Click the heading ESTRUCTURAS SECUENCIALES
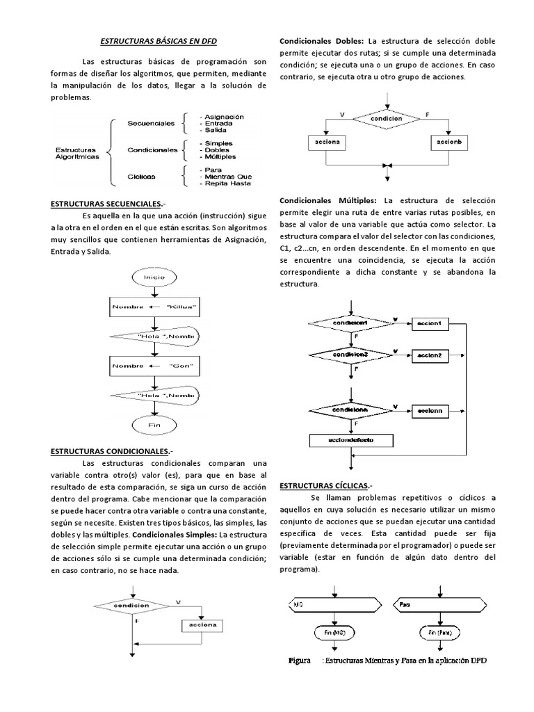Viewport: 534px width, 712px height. coord(108,204)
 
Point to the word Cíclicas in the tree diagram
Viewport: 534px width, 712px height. coord(141,177)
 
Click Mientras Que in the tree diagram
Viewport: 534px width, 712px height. coord(225,176)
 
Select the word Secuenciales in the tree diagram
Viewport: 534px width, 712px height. coord(151,123)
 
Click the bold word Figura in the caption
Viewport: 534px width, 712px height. coord(300,661)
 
